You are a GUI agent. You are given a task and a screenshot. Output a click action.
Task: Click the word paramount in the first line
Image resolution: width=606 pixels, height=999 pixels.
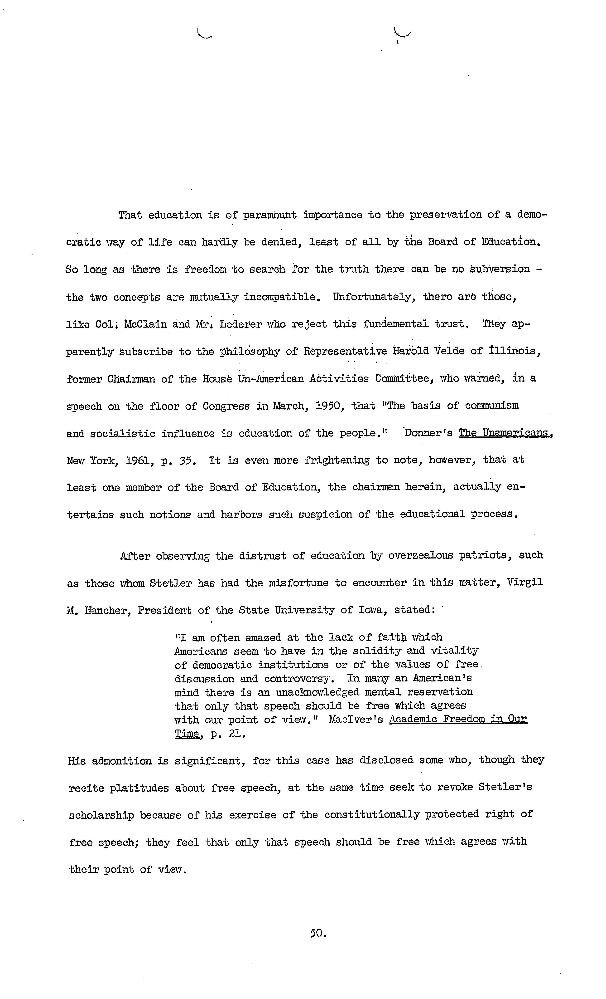269,215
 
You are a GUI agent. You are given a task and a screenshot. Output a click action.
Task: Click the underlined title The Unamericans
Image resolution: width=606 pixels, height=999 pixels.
504,433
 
